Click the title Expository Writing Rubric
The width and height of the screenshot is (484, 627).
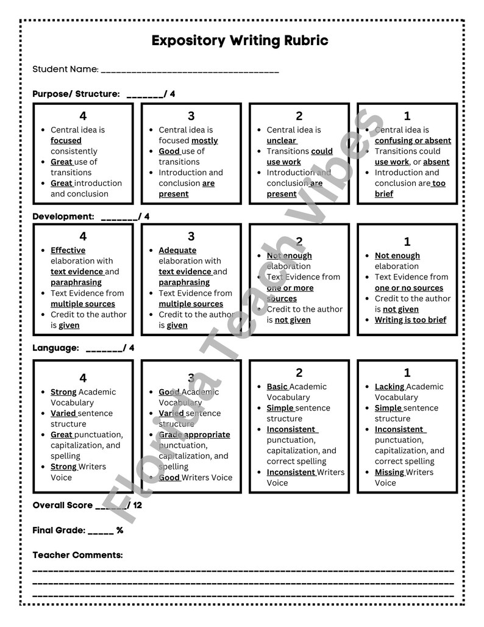[x=240, y=41]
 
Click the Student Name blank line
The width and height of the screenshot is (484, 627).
[x=190, y=71]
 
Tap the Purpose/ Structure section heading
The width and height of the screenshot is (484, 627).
[x=76, y=94]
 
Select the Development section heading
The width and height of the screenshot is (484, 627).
[x=63, y=217]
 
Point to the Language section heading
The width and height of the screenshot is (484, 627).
[x=55, y=348]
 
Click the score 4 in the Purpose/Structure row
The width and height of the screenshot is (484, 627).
[x=83, y=116]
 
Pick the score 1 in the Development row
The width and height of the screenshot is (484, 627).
[x=407, y=242]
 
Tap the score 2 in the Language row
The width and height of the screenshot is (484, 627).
[x=299, y=373]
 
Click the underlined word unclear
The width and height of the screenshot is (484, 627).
[x=281, y=141]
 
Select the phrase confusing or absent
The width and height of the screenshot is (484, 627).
[x=413, y=141]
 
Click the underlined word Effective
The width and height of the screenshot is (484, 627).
[x=68, y=251]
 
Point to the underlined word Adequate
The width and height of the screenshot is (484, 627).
[x=177, y=251]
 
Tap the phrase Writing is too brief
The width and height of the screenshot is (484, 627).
[x=410, y=320]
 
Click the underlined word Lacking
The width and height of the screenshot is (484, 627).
[x=389, y=387]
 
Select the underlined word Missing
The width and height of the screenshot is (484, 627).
[x=389, y=472]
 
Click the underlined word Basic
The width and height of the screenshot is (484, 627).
[x=277, y=387]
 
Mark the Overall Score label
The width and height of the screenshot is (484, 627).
[x=63, y=505]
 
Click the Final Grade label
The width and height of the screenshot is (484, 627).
[x=59, y=530]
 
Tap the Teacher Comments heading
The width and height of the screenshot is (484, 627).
[x=77, y=555]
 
